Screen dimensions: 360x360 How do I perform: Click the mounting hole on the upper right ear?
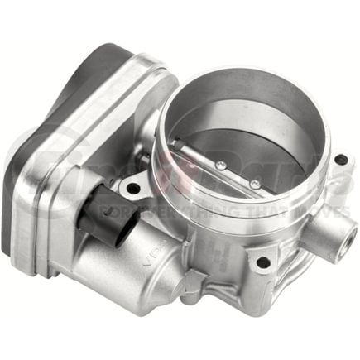click(x=340, y=159)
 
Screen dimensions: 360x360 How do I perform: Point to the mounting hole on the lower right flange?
click(x=263, y=262)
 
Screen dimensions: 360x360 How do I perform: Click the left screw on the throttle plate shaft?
click(x=219, y=166)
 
